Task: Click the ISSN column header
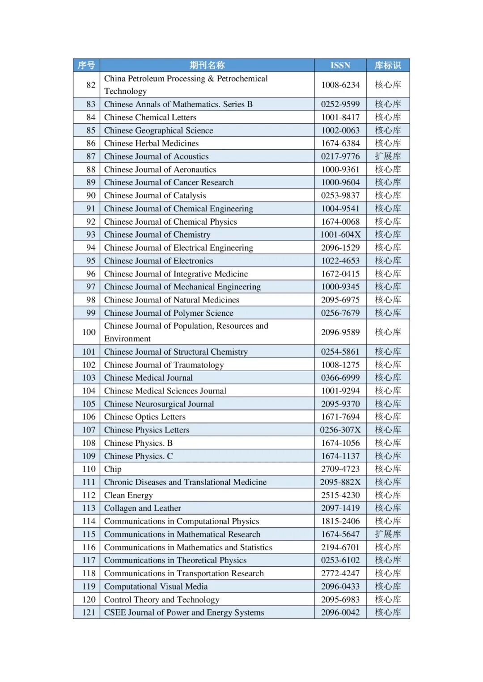pyautogui.click(x=340, y=65)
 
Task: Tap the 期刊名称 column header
pyautogui.click(x=207, y=65)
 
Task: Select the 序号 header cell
pyautogui.click(x=86, y=65)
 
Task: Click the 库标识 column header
pyautogui.click(x=388, y=65)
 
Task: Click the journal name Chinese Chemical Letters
pyautogui.click(x=150, y=117)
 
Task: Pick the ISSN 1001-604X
pyautogui.click(x=340, y=234)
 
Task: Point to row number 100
pyautogui.click(x=89, y=332)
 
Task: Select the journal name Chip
pyautogui.click(x=113, y=469)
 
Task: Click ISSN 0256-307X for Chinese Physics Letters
pyautogui.click(x=340, y=430)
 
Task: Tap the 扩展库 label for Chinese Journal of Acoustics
pyautogui.click(x=388, y=156)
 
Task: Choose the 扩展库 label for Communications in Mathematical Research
pyautogui.click(x=388, y=534)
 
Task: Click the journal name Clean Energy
pyautogui.click(x=128, y=495)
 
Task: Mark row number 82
pyautogui.click(x=91, y=85)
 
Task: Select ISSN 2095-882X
pyautogui.click(x=340, y=482)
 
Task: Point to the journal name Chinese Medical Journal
pyautogui.click(x=148, y=378)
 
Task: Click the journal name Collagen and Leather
pyautogui.click(x=143, y=508)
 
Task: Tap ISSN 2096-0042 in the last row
pyautogui.click(x=340, y=612)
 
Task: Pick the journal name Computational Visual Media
pyautogui.click(x=156, y=586)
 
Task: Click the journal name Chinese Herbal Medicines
pyautogui.click(x=152, y=143)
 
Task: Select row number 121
pyautogui.click(x=89, y=612)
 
